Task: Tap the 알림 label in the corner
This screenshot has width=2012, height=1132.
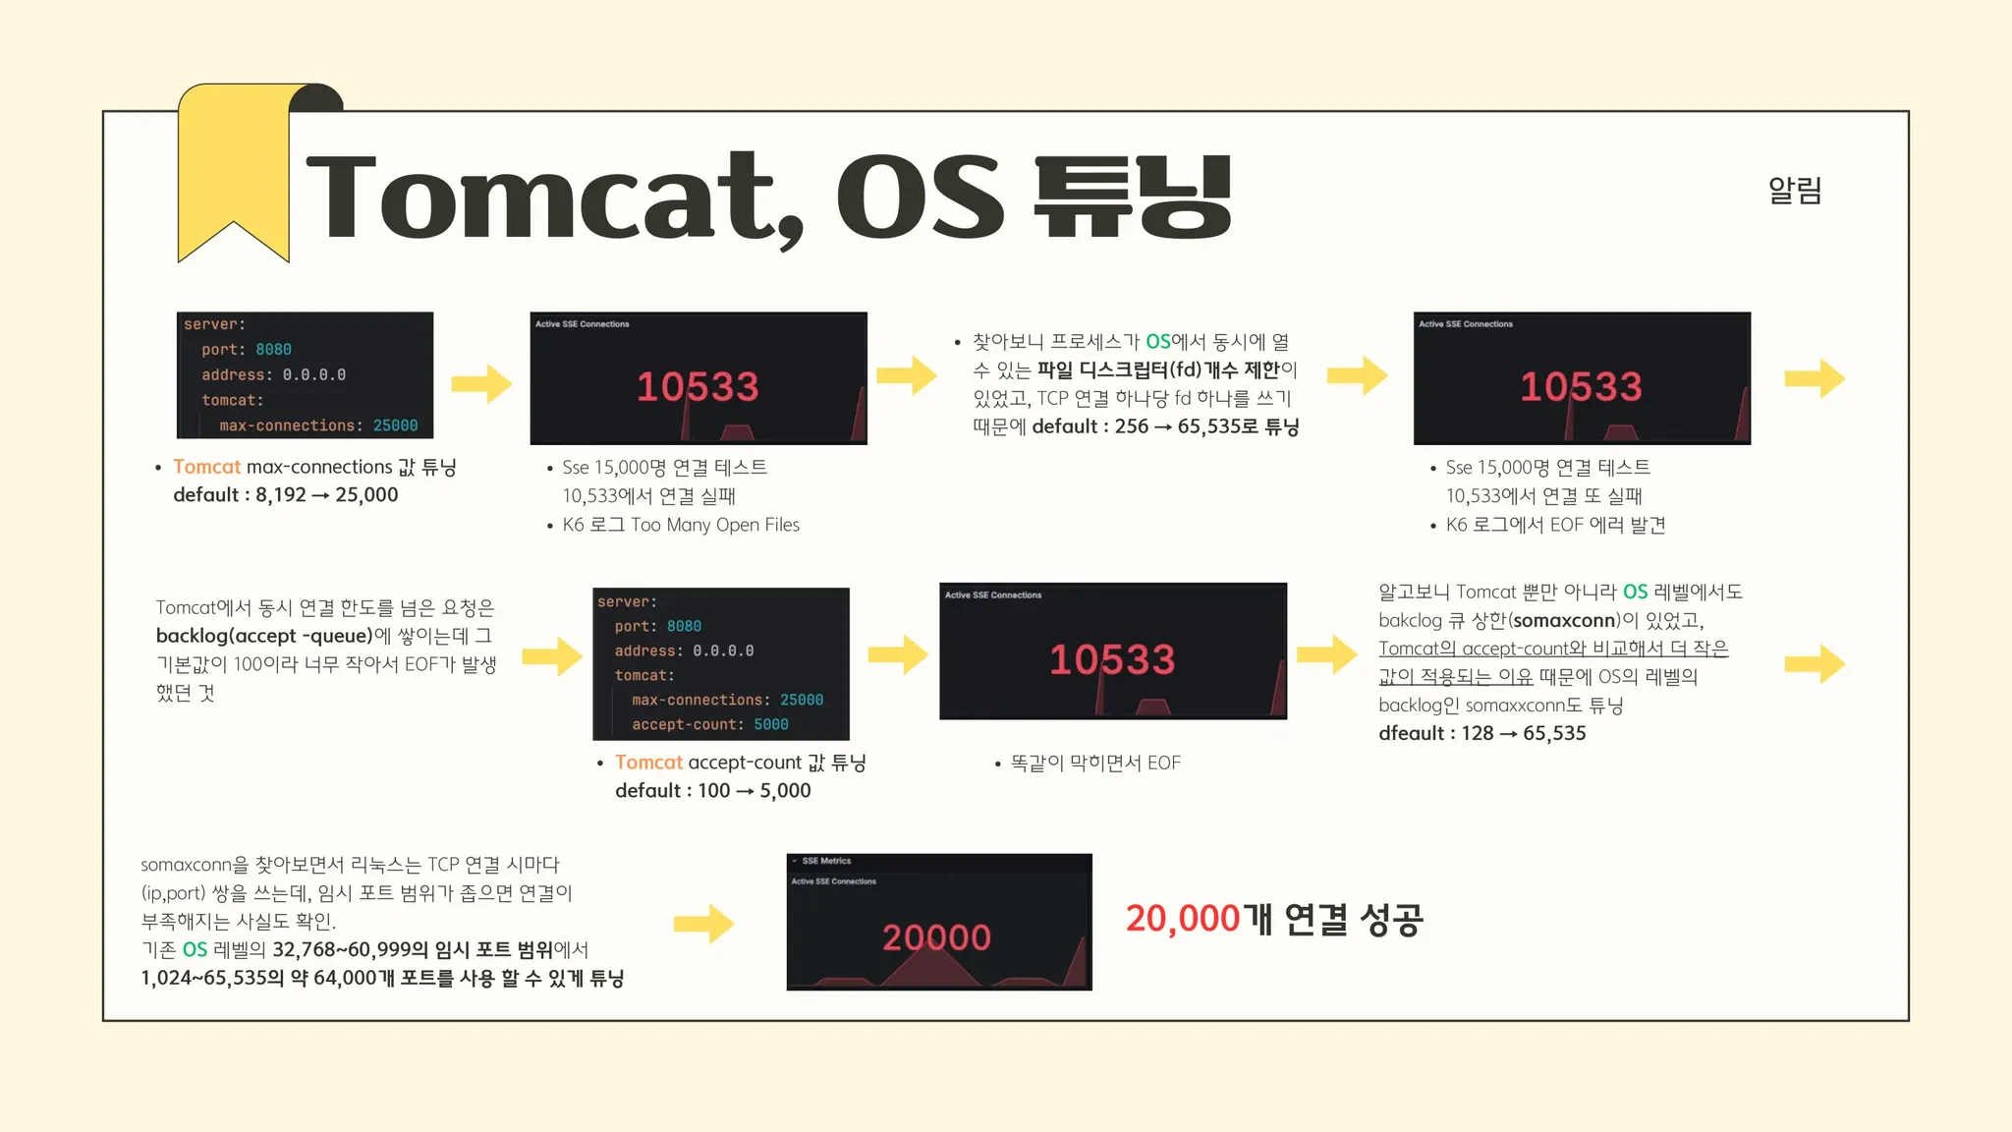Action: (1795, 190)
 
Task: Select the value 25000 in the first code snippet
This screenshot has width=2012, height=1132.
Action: (395, 425)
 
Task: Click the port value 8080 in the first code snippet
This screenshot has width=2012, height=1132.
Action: (273, 350)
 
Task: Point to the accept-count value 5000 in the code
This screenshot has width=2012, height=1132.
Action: (771, 724)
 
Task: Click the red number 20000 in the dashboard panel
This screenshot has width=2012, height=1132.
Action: (936, 937)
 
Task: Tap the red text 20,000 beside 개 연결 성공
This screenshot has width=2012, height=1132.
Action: (1183, 919)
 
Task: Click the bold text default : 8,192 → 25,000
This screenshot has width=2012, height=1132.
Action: (286, 495)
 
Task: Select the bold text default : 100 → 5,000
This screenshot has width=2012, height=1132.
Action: (713, 791)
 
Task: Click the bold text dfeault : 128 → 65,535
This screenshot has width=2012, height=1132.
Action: (1482, 733)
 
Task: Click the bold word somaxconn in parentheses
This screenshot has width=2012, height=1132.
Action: (1564, 620)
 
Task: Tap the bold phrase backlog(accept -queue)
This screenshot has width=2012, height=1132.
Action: (264, 636)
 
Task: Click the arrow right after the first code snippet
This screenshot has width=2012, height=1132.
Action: (481, 383)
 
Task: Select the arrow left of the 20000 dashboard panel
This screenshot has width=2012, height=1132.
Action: (703, 924)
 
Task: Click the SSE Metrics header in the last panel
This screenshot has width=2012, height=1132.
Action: (826, 861)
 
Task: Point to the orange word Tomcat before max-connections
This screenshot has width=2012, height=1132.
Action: (206, 467)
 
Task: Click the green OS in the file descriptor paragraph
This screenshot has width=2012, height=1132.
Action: (1158, 341)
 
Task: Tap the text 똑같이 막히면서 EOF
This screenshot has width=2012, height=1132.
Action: (1095, 763)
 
